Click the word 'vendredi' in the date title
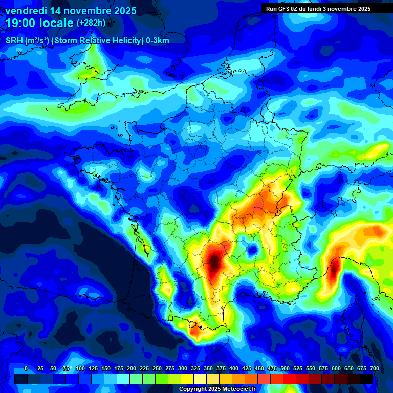[26, 10]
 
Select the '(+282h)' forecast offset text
[91, 23]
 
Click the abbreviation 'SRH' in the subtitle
[14, 41]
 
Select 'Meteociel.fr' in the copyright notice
[241, 389]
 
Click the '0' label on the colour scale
[26, 368]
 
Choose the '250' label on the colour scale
[157, 368]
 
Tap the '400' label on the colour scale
[234, 368]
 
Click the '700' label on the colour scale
[375, 368]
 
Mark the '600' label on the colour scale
[336, 368]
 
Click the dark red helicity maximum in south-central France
[214, 263]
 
